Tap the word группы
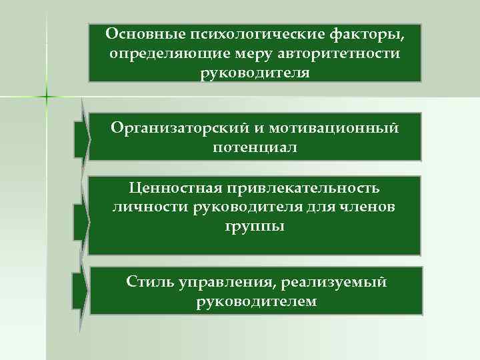tap(255, 227)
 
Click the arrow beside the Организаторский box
tap(81, 137)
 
